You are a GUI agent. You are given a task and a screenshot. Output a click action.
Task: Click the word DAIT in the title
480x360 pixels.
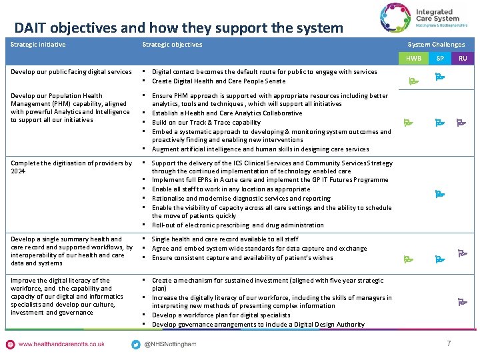pyautogui.click(x=31, y=28)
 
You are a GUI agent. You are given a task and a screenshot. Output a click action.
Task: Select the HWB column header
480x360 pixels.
pyautogui.click(x=414, y=59)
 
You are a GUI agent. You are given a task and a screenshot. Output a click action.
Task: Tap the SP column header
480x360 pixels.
pyautogui.click(x=440, y=59)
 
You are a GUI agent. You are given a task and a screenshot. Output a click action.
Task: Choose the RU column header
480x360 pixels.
pyautogui.click(x=463, y=59)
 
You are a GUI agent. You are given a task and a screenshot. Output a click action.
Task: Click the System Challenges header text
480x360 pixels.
pyautogui.click(x=436, y=45)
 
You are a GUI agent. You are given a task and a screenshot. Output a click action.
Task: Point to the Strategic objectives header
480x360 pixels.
pyautogui.click(x=172, y=45)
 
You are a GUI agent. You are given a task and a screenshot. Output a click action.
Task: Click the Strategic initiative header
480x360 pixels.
pyautogui.click(x=38, y=45)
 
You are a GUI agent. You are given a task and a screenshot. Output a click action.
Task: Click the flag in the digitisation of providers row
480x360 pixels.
pyautogui.click(x=439, y=194)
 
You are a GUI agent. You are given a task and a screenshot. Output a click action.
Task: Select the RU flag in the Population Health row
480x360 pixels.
pyautogui.click(x=461, y=122)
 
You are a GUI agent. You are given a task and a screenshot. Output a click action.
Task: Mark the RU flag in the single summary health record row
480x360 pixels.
pyautogui.click(x=461, y=253)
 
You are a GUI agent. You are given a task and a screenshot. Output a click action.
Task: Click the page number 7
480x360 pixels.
pyautogui.click(x=449, y=344)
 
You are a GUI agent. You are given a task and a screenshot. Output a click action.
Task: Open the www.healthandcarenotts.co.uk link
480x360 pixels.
pyautogui.click(x=61, y=344)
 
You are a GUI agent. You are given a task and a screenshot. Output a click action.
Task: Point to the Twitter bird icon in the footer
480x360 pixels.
pyautogui.click(x=136, y=344)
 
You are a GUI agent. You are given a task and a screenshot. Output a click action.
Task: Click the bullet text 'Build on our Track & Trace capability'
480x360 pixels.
pyautogui.click(x=206, y=122)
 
